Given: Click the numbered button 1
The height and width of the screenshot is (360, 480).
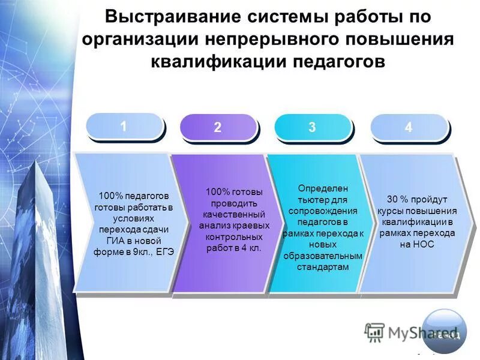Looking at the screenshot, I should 124,127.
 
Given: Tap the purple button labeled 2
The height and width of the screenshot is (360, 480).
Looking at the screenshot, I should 218,127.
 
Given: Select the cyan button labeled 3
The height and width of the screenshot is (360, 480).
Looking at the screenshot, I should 312,127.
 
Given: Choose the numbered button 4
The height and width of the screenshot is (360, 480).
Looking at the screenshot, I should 409,127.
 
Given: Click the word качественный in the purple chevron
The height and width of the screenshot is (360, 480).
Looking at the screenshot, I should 234,214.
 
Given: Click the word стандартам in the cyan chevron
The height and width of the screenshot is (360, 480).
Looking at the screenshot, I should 323,267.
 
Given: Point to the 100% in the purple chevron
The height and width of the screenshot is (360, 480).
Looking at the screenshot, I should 217,192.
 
